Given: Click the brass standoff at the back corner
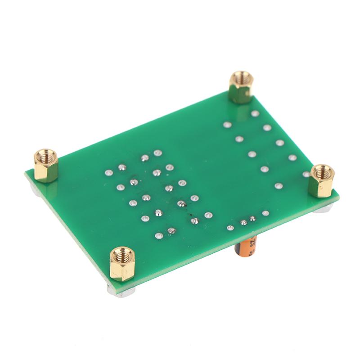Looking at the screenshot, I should click(241, 87).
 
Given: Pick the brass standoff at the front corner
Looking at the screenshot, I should click(122, 264).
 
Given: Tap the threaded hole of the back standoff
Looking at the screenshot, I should click(241, 76).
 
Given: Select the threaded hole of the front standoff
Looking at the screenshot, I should click(121, 253).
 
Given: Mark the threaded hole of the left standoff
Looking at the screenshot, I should click(45, 156).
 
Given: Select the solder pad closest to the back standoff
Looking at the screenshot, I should click(255, 114).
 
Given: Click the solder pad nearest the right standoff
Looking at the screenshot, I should click(306, 174).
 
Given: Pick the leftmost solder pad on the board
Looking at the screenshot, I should click(108, 172).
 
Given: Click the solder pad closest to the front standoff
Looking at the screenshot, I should click(159, 235).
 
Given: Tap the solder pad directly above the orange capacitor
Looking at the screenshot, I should click(243, 222).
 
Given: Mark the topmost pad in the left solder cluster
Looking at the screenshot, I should click(157, 153).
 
